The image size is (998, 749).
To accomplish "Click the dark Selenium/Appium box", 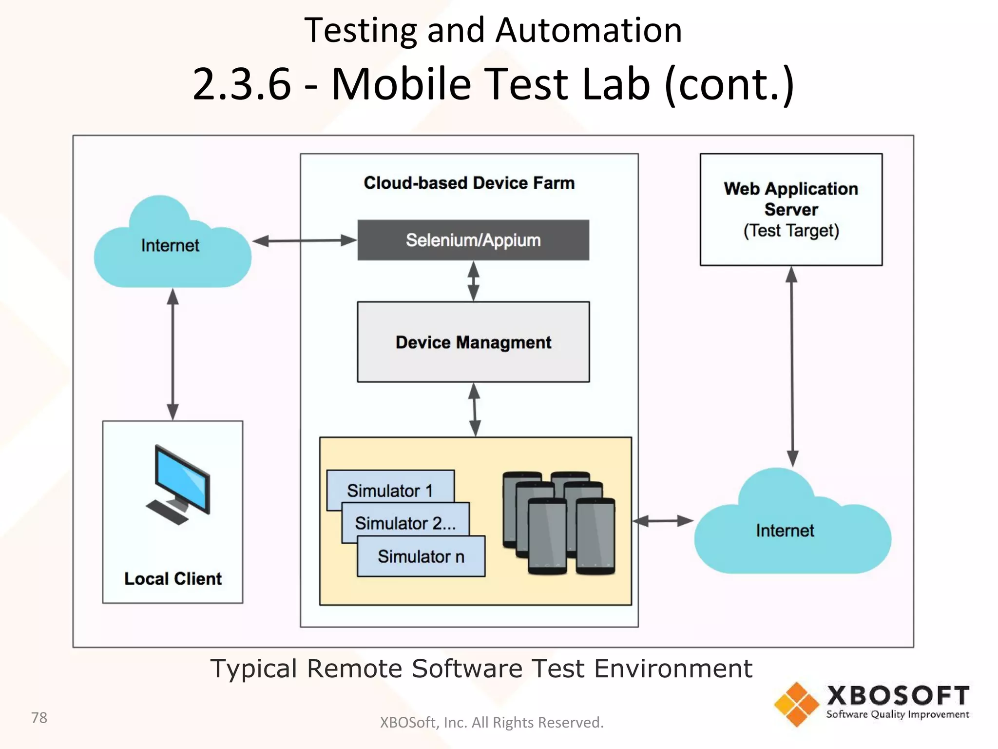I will (473, 240).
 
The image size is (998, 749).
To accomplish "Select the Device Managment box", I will (473, 342).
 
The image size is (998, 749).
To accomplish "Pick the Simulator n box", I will (421, 556).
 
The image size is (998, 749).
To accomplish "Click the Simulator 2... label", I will (405, 523).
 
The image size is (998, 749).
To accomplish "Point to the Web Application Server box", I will (790, 210).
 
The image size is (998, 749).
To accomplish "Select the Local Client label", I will (173, 579).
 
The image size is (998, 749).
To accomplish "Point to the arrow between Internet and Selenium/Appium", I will (305, 240).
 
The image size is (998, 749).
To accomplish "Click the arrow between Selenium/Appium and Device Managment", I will (473, 281).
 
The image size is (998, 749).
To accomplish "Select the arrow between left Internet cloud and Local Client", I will (173, 354).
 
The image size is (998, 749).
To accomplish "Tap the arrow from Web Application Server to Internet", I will (792, 366).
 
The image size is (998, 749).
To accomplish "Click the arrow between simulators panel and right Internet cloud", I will (663, 521).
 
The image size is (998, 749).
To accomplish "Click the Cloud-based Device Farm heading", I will (469, 183).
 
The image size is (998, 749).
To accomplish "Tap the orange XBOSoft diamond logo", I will (796, 704).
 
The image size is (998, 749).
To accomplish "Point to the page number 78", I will (39, 718).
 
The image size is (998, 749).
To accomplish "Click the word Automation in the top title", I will (589, 30).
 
